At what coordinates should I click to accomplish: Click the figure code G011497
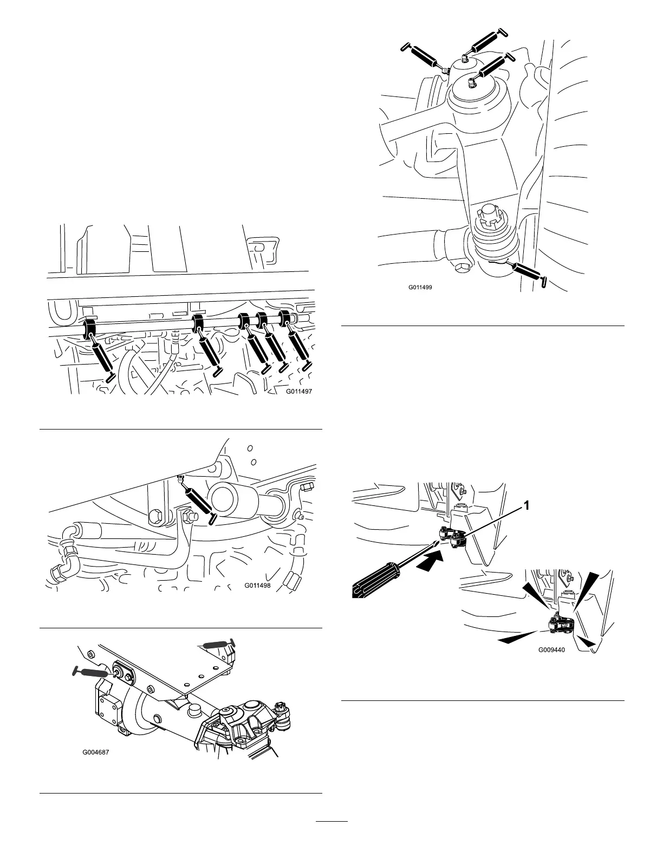coord(298,391)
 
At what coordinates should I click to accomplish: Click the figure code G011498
coord(257,586)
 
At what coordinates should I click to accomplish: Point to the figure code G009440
coord(551,650)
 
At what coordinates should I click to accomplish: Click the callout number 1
coord(525,505)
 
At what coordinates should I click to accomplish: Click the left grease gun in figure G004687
coord(90,671)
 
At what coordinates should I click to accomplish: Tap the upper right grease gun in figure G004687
coord(217,643)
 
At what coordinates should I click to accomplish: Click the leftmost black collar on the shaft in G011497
coord(89,329)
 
